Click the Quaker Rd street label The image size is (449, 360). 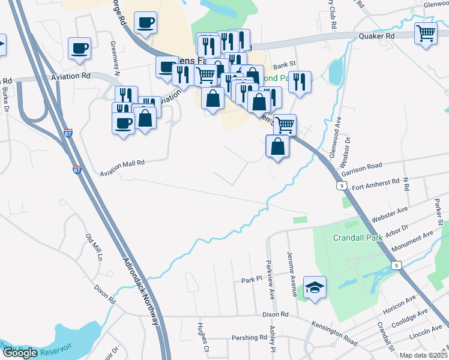(376, 36)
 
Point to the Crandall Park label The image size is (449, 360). (357, 238)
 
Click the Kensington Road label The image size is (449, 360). (334, 333)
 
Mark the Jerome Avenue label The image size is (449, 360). (292, 274)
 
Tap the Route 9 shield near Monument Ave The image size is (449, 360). (395, 265)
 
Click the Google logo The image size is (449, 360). (20, 353)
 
